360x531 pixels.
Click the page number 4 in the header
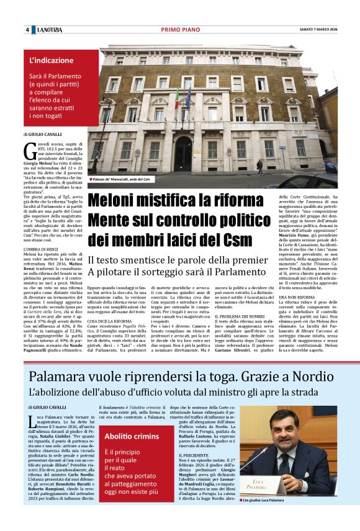click(28, 30)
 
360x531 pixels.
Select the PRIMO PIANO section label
click(179, 30)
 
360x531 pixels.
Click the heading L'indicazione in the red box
click(52, 61)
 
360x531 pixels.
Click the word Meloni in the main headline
click(117, 200)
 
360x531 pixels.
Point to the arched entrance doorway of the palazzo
click(184, 152)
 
